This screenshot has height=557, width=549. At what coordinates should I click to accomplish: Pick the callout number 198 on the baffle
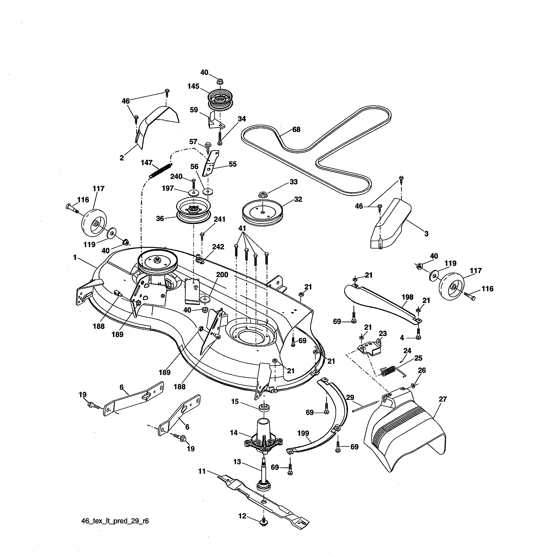coord(407,297)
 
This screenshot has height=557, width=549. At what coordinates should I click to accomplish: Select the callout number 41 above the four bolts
coord(242,228)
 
